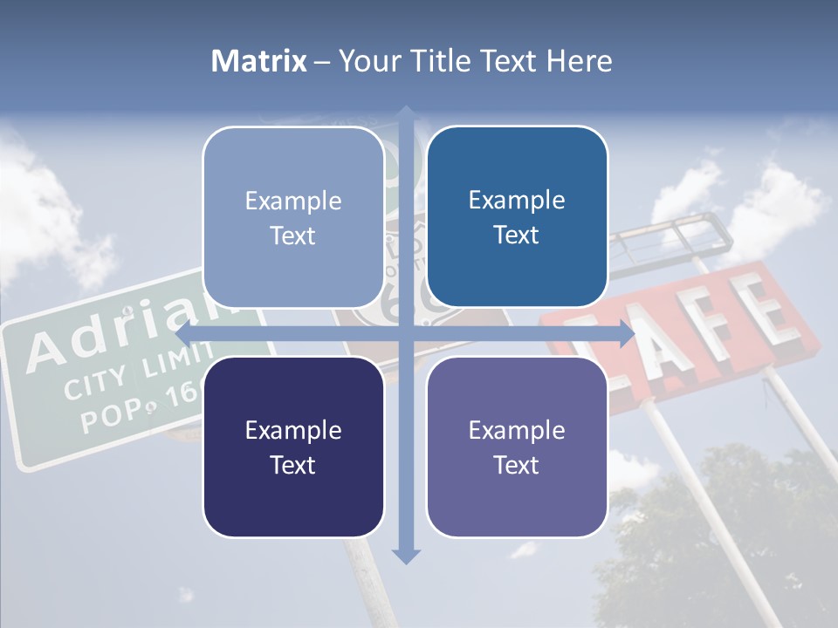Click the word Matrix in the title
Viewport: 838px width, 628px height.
[x=258, y=61]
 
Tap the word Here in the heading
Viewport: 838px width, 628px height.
[x=579, y=61]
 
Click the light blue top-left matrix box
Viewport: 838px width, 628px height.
[x=293, y=217]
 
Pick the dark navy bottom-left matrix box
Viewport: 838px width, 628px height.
[x=293, y=447]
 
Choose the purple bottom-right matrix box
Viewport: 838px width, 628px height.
[x=517, y=447]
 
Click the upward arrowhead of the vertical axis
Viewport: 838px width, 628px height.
[x=406, y=113]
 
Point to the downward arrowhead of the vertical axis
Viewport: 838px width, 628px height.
[x=406, y=556]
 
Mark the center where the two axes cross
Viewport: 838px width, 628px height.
[x=406, y=334]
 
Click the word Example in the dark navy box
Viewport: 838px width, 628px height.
[x=293, y=430]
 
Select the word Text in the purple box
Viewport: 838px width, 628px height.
[x=517, y=465]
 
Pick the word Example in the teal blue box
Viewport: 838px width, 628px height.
[x=517, y=200]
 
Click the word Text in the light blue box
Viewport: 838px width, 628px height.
[x=293, y=235]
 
